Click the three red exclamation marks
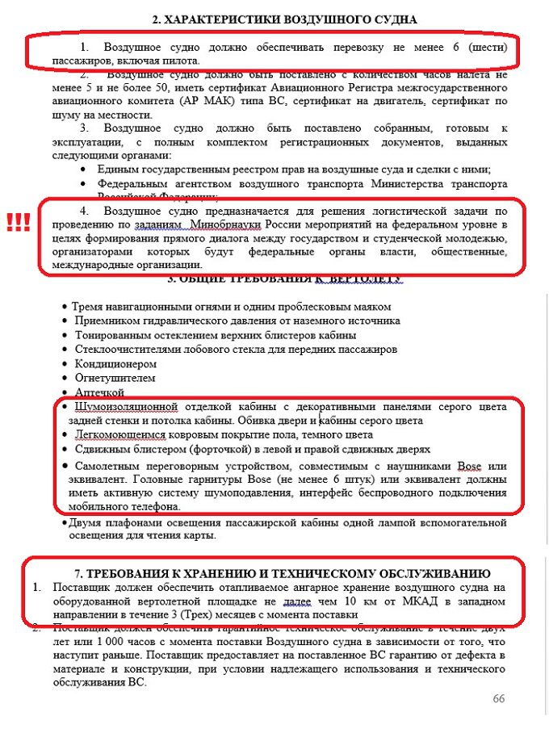[17, 223]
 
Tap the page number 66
[498, 698]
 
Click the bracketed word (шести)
[484, 48]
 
